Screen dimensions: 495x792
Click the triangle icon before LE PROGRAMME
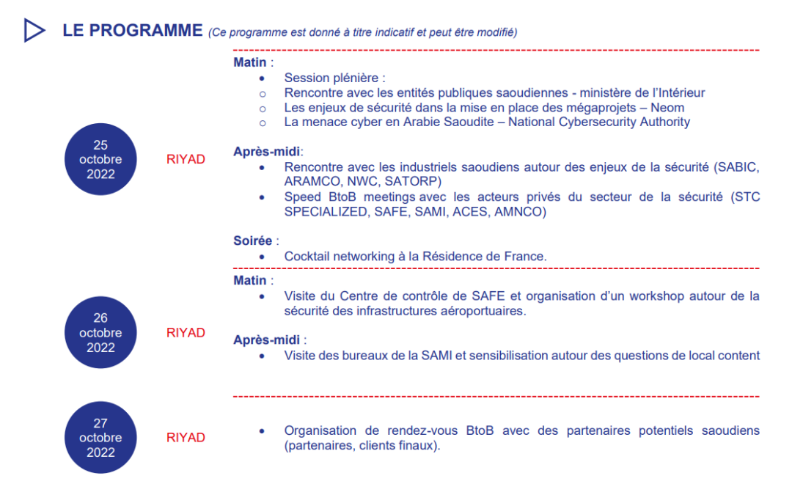34,30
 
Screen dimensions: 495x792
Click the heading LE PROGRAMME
132,30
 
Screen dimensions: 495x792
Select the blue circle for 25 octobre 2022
101,160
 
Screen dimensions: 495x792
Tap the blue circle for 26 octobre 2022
101,332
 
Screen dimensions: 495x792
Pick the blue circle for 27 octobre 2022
101,438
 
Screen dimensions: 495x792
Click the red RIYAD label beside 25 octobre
186,159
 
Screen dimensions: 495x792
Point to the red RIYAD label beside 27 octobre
186,438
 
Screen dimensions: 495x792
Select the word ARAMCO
309,181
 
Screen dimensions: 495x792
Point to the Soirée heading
253,241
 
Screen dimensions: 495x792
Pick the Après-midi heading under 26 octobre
268,340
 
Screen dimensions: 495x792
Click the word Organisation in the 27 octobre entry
318,430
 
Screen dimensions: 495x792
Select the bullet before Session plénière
262,78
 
